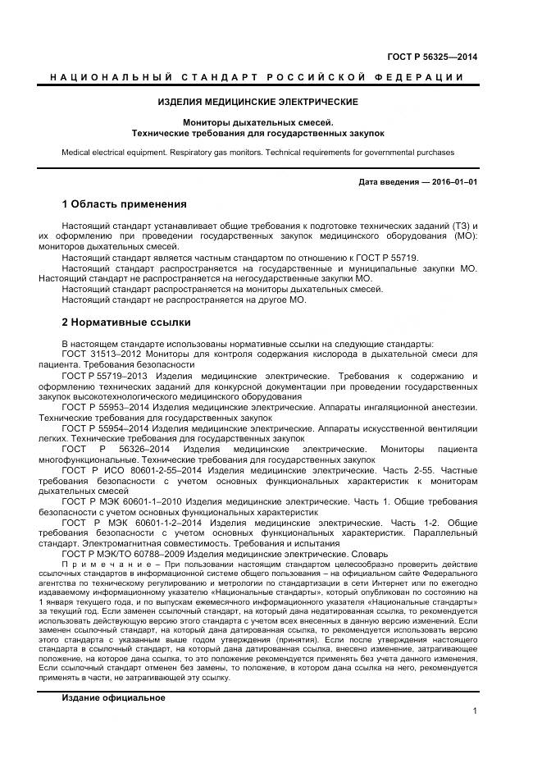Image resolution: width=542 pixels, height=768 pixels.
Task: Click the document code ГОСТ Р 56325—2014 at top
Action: pyautogui.click(x=432, y=57)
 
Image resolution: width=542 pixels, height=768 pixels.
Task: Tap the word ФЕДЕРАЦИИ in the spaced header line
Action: pyautogui.click(x=424, y=77)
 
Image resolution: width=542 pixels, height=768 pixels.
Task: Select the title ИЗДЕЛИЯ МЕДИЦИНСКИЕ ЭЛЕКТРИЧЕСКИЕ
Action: pyautogui.click(x=257, y=102)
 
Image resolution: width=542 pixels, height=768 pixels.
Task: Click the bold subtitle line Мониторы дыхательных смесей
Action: pyautogui.click(x=257, y=122)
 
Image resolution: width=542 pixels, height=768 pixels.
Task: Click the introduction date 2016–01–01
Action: pyautogui.click(x=455, y=182)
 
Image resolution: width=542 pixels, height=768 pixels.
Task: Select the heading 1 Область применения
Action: pyautogui.click(x=124, y=204)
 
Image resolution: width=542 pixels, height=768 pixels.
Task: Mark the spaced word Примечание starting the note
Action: pyautogui.click(x=101, y=565)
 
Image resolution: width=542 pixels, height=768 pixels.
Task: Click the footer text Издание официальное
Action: pyautogui.click(x=113, y=697)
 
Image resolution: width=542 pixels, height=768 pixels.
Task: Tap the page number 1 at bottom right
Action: pyautogui.click(x=476, y=711)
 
